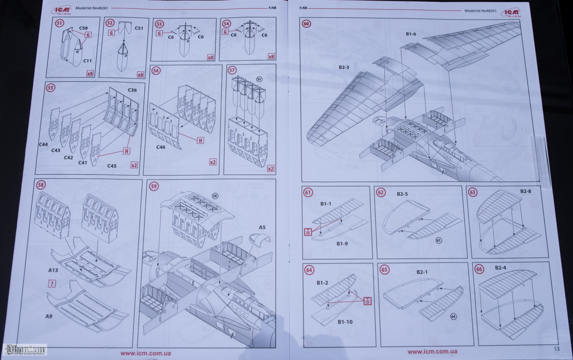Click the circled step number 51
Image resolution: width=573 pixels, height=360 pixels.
(x=59, y=23)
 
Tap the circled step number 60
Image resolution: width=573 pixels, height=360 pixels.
(x=306, y=24)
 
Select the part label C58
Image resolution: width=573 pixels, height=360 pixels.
(x=83, y=28)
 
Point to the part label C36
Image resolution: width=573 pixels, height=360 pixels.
(x=132, y=90)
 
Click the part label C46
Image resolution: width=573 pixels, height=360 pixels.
(x=160, y=147)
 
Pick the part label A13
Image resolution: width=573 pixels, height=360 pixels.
(x=53, y=270)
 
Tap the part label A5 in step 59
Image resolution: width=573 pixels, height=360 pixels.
(x=262, y=227)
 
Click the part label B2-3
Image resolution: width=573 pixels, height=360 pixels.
(x=344, y=67)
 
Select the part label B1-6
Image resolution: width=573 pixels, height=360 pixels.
(x=411, y=34)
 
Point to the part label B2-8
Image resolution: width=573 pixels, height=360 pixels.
(x=526, y=192)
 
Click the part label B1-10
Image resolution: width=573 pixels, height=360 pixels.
(x=345, y=322)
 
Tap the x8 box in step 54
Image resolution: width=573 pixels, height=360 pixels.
(x=271, y=57)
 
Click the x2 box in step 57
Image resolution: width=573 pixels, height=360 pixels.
(x=270, y=168)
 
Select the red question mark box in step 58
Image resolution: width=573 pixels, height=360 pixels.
(x=52, y=284)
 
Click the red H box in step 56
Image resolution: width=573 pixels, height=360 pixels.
(x=200, y=141)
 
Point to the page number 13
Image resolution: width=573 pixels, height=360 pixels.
(x=556, y=349)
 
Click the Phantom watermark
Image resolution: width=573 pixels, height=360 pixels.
(x=25, y=350)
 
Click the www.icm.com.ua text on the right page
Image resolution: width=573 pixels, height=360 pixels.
(x=432, y=352)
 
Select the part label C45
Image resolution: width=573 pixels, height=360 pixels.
(x=112, y=166)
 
